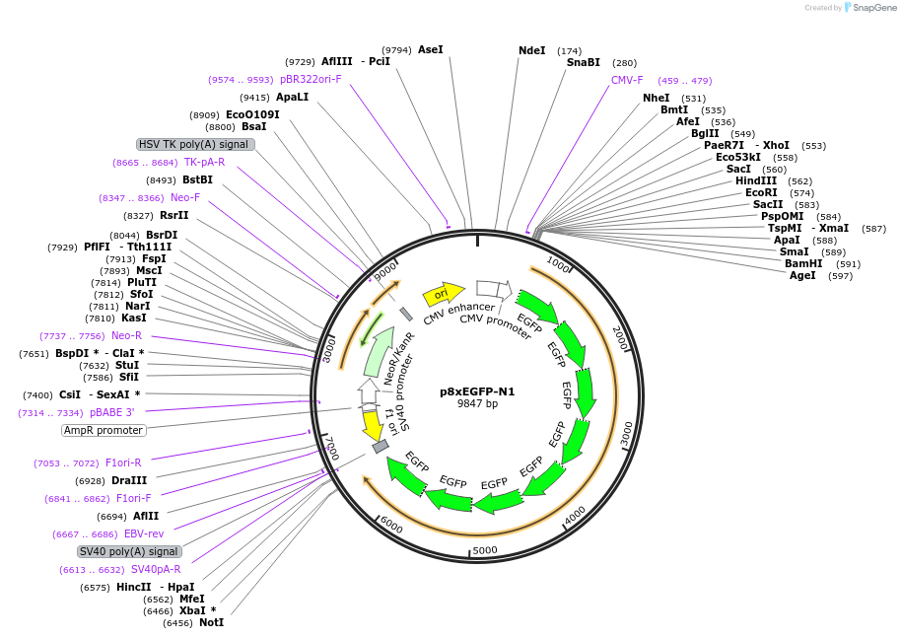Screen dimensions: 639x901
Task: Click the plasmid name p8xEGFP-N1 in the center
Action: point(477,391)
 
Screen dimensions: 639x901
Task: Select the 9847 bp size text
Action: point(477,404)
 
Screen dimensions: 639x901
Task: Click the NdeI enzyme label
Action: point(531,50)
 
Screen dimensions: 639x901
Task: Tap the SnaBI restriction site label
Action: point(583,62)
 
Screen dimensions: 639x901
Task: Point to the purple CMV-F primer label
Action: point(627,80)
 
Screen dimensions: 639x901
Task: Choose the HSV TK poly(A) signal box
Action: point(195,144)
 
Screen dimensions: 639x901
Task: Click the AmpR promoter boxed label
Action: point(104,430)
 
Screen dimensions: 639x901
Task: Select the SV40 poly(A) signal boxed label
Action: point(129,551)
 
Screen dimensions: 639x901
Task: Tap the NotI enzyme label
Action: point(211,622)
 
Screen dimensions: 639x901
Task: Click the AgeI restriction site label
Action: point(802,275)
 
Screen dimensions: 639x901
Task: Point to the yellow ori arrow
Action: point(444,293)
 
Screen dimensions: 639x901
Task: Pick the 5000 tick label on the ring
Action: point(485,550)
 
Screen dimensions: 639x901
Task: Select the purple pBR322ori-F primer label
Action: point(311,79)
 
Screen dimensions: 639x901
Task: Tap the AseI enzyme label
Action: point(431,49)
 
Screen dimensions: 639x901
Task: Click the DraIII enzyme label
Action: point(129,480)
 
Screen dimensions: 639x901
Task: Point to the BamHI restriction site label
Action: point(803,263)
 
